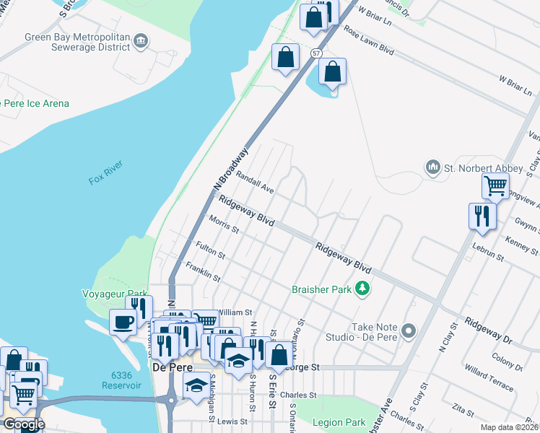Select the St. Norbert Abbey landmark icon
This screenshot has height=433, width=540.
tap(433, 168)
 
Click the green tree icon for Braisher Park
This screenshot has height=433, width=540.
tap(362, 289)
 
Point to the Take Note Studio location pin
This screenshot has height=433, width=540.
tap(409, 332)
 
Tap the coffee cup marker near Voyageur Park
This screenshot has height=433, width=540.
tap(123, 321)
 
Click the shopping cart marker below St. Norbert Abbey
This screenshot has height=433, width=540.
tap(495, 186)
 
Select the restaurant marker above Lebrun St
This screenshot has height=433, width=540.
tap(482, 216)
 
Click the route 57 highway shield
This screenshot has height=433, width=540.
tap(316, 53)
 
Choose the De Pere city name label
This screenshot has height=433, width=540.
tap(170, 367)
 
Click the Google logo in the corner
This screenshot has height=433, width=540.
tap(23, 424)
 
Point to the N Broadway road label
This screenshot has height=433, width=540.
tap(230, 172)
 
